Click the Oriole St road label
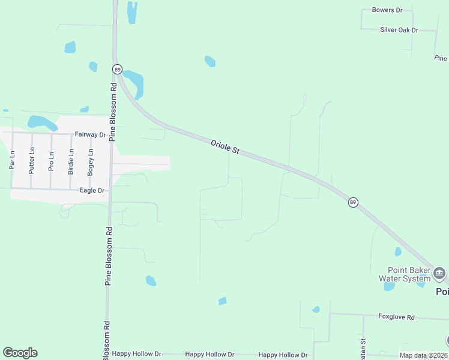tap(225, 147)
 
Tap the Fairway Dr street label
tap(90, 135)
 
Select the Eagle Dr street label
tap(92, 191)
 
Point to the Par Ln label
tap(11, 160)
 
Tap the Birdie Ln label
tap(71, 162)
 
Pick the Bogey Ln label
tap(91, 161)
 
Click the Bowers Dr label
tap(387, 10)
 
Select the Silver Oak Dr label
tap(399, 29)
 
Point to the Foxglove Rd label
tap(396, 316)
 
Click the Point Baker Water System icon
tap(439, 274)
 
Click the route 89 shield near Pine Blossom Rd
tap(117, 69)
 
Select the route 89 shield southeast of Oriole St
tap(353, 202)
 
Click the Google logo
tap(20, 353)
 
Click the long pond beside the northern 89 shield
tap(134, 83)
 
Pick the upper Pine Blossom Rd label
tap(113, 111)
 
